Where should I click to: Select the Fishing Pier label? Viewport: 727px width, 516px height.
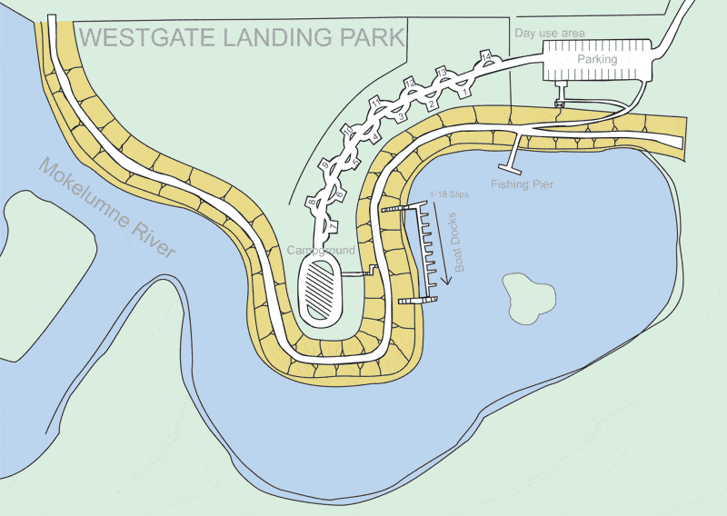click(523, 184)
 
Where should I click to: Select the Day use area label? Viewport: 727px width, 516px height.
click(550, 33)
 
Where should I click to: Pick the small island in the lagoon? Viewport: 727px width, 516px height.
click(531, 296)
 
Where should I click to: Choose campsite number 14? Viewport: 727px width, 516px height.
click(486, 57)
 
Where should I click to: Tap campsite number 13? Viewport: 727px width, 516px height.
click(442, 71)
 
